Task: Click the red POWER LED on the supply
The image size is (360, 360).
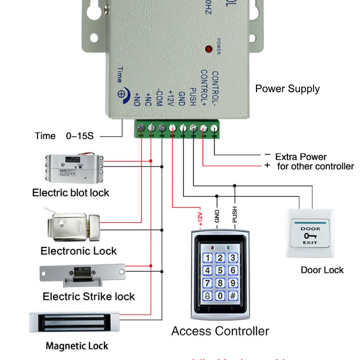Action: point(208,49)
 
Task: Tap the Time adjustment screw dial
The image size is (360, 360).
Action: point(121,93)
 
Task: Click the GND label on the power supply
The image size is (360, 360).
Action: point(181,97)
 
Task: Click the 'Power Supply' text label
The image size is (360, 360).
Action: point(287,89)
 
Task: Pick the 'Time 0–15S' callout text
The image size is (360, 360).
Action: point(64,136)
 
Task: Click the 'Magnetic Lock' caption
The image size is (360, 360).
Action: point(77,346)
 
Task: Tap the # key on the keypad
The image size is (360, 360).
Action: point(233,296)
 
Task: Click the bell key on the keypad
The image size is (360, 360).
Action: point(208,296)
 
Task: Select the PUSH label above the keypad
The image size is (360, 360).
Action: point(235,215)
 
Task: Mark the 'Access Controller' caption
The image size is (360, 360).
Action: point(220,331)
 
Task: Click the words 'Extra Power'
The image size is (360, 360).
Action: point(301,157)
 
